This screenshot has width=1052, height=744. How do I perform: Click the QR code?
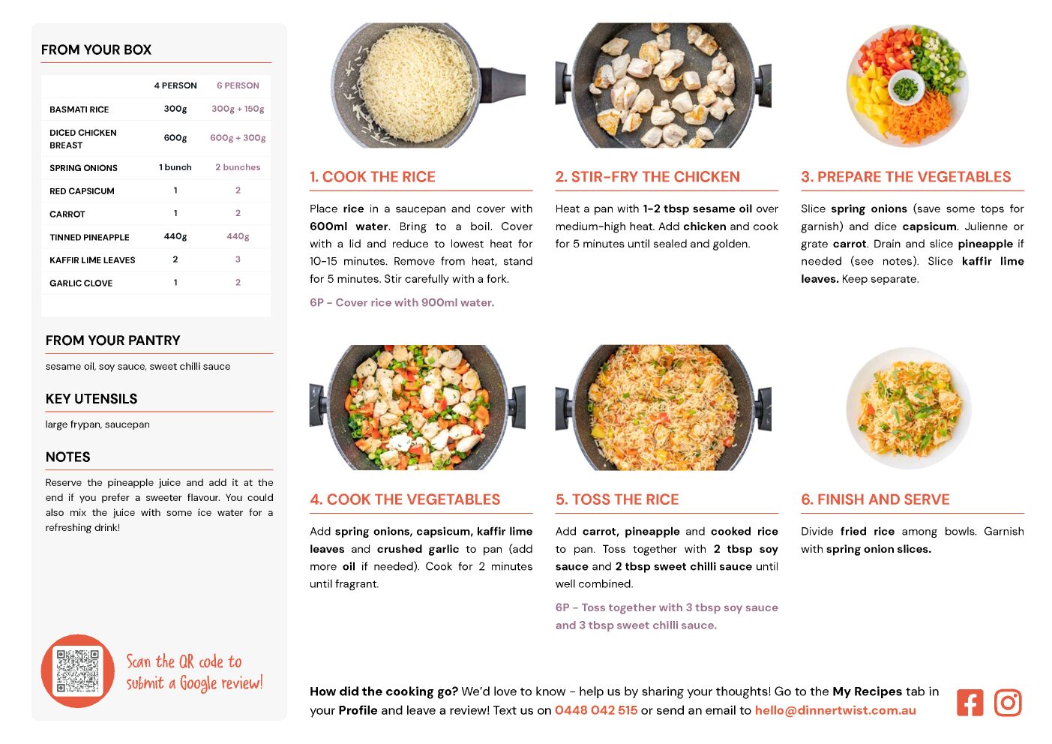point(77,670)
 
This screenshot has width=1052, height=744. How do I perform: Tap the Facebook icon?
point(970,703)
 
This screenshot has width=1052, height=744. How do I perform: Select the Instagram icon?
point(1008,703)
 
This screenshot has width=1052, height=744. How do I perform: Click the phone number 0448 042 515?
point(596,710)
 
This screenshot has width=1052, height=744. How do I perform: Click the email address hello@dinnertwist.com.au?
point(835,710)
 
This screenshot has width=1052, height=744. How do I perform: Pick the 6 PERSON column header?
point(238,85)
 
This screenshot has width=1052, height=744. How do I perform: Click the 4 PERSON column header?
point(175,85)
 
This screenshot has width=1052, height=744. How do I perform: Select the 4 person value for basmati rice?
point(175,109)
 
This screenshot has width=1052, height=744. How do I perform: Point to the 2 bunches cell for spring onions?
point(238,167)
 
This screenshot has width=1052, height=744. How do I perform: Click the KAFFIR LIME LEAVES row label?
point(92,260)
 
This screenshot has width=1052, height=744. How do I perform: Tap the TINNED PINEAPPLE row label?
point(89,237)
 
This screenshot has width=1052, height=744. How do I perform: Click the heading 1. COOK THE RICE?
point(373,176)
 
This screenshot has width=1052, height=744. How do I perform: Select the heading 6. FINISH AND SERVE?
point(875,499)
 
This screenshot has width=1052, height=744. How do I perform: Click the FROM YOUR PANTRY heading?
point(112,340)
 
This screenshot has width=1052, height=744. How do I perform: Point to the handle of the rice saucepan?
point(502,85)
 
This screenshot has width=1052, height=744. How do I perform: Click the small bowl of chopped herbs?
point(906,87)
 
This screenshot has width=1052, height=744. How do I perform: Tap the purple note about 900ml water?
point(402,302)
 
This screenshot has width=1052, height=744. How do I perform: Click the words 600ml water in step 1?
point(349,226)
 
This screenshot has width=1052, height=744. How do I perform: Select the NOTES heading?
point(67,457)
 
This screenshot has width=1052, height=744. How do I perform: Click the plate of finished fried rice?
point(909,408)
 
